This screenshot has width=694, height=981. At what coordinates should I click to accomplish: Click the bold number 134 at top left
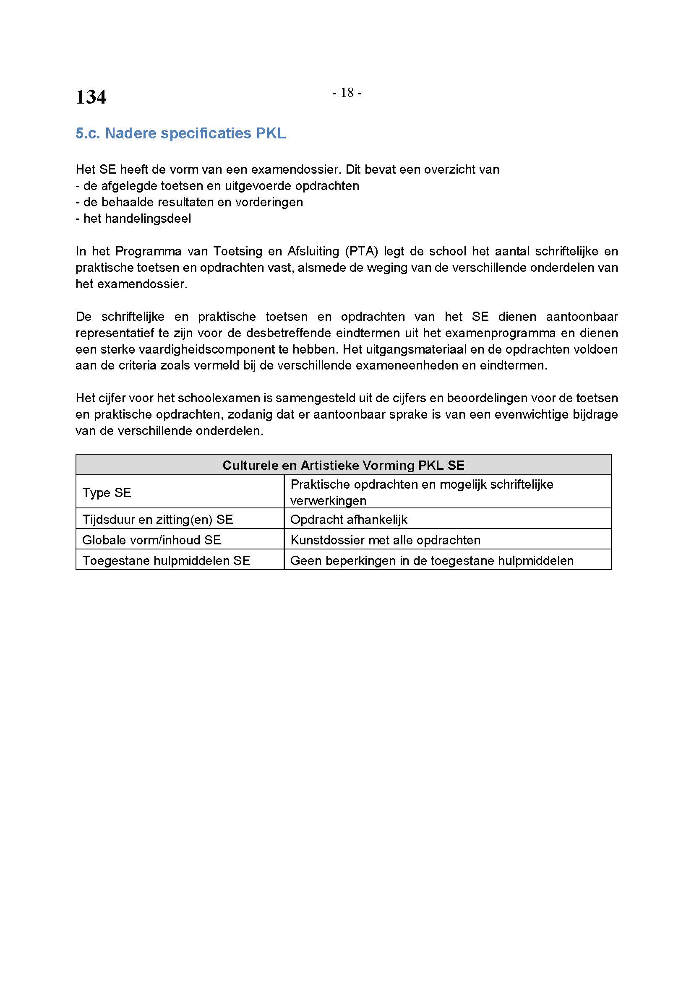pyautogui.click(x=91, y=97)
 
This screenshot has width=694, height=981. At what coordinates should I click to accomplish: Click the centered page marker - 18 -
pyautogui.click(x=347, y=92)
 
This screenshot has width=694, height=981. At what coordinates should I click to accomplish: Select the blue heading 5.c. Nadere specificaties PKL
pyautogui.click(x=180, y=133)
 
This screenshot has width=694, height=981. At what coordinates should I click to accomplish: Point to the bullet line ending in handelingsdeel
pyautogui.click(x=133, y=219)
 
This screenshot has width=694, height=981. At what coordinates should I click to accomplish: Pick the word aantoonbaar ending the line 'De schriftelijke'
pyautogui.click(x=582, y=317)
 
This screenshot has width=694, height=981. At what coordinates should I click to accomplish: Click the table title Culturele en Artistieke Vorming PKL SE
pyautogui.click(x=343, y=465)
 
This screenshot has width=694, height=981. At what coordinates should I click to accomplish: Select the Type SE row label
pyautogui.click(x=107, y=492)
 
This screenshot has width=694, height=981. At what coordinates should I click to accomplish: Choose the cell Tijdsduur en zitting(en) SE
pyautogui.click(x=158, y=519)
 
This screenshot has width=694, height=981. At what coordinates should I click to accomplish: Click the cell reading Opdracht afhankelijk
pyautogui.click(x=349, y=519)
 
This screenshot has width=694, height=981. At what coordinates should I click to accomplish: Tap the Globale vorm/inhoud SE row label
pyautogui.click(x=152, y=540)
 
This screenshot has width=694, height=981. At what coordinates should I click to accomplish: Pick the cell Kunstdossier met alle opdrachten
pyautogui.click(x=385, y=540)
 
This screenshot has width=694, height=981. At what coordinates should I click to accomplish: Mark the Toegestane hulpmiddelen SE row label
pyautogui.click(x=166, y=560)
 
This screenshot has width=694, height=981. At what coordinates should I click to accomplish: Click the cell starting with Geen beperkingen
pyautogui.click(x=432, y=560)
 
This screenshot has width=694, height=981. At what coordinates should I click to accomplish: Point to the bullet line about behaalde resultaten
pyautogui.click(x=189, y=202)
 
